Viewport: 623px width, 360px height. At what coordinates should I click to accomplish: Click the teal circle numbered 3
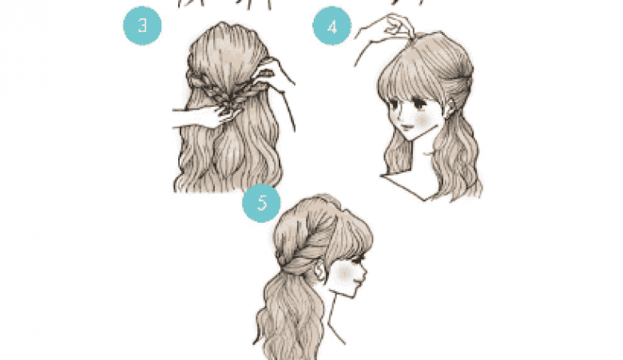click(x=142, y=26)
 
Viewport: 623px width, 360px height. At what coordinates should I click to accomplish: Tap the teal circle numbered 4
click(x=331, y=26)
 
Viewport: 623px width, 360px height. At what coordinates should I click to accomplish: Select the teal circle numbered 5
click(x=261, y=203)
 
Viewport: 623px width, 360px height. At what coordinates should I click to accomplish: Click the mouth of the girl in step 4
click(x=407, y=127)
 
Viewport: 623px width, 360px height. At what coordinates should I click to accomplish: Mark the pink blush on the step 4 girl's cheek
click(x=422, y=120)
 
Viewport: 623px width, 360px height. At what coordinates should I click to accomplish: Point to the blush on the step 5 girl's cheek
click(x=343, y=273)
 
